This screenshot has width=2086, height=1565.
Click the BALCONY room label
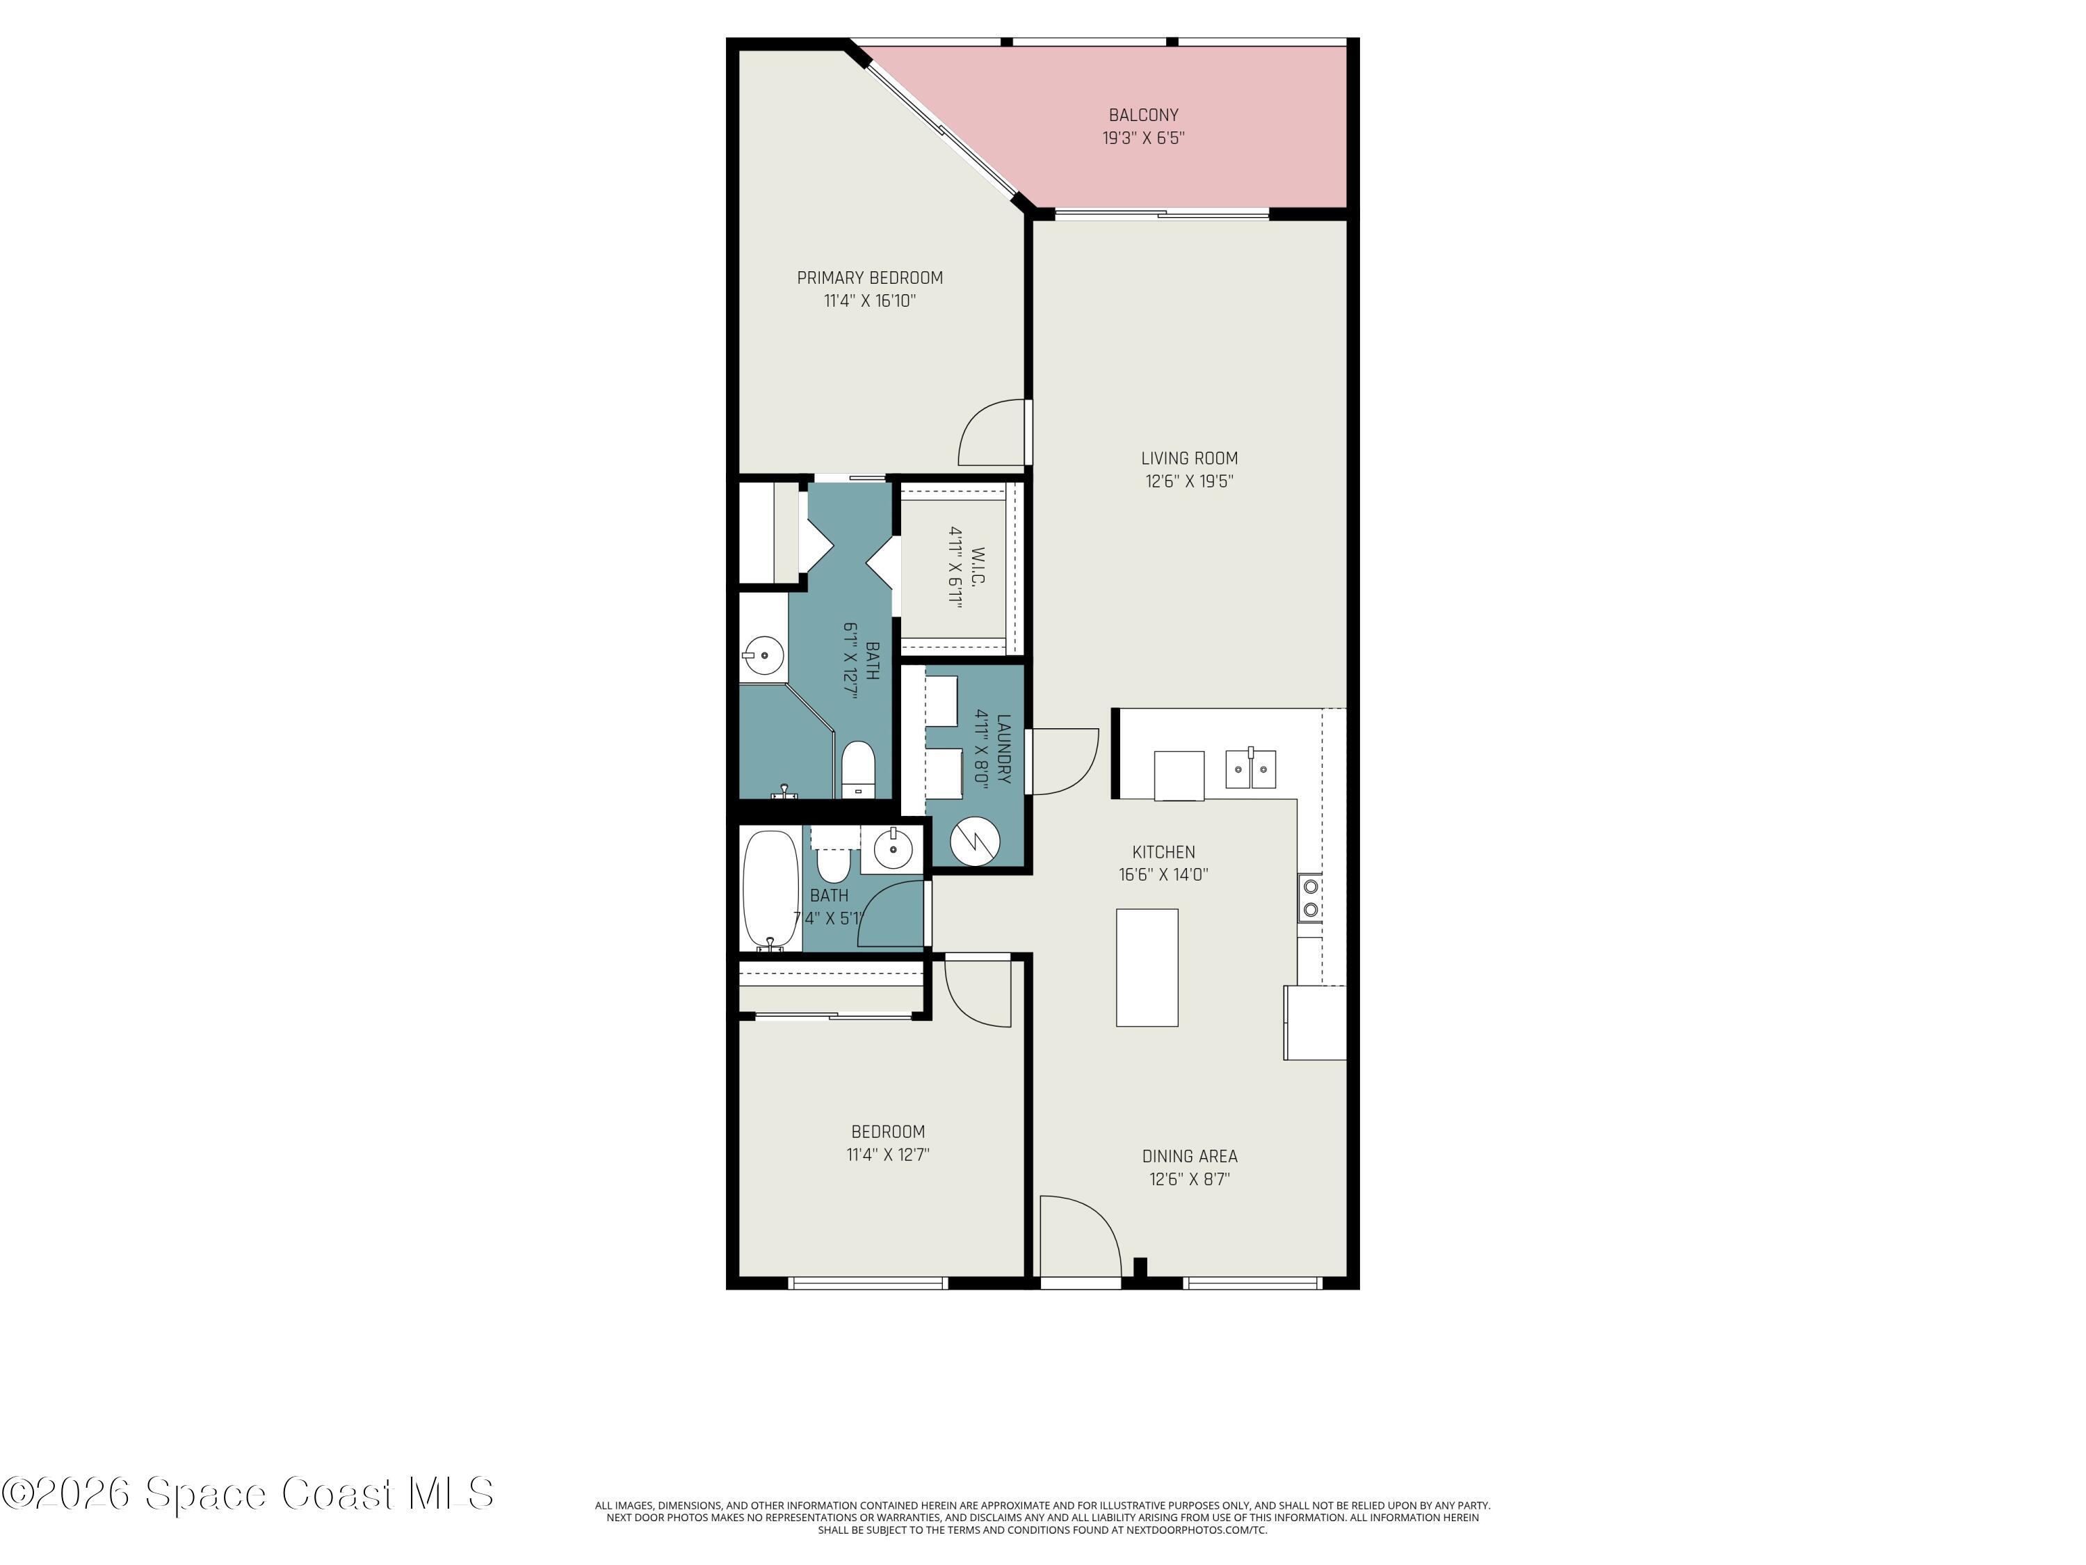[1143, 115]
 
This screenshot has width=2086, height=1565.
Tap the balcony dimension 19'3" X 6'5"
[1143, 138]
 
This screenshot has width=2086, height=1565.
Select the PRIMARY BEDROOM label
[869, 278]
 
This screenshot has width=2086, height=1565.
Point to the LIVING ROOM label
[1189, 458]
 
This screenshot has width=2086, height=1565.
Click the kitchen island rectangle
[1147, 967]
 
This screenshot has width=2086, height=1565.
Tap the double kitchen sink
[1250, 769]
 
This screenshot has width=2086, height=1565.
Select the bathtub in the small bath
[770, 890]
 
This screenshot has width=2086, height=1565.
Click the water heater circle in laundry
[974, 842]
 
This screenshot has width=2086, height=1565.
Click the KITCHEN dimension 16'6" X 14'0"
[1163, 874]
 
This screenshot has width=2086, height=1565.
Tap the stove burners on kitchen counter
[1310, 898]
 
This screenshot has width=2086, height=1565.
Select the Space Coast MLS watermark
[247, 1493]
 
